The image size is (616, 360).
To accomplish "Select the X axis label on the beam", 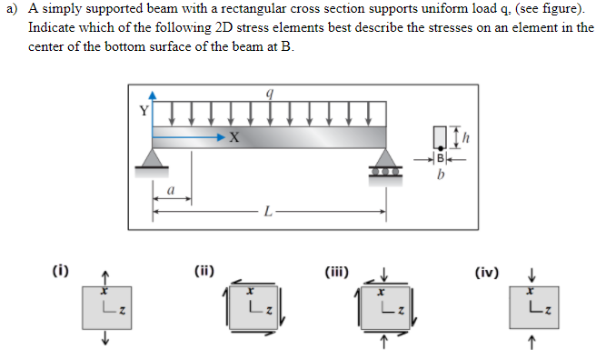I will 233,138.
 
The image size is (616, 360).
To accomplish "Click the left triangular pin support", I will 153,158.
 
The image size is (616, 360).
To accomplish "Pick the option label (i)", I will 63,270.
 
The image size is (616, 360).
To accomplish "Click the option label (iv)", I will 488,270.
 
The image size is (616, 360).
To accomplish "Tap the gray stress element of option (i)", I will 104,305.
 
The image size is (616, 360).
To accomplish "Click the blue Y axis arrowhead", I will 153,94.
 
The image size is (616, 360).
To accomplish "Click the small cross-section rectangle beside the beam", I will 442,136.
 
